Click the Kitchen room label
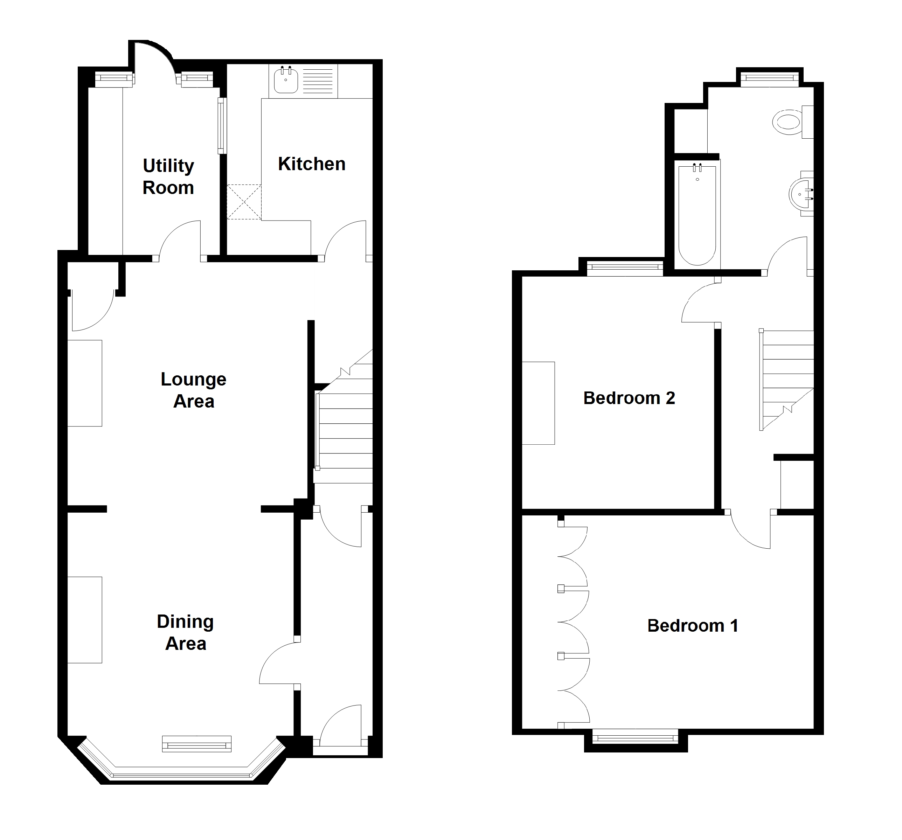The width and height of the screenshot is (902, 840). pos(312,164)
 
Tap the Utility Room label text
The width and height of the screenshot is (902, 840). pos(168,176)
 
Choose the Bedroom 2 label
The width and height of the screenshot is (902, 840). pos(629,398)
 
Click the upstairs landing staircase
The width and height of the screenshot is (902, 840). pos(787,379)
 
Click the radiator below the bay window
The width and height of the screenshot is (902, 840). pos(197,745)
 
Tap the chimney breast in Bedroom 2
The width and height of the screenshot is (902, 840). pos(538,403)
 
